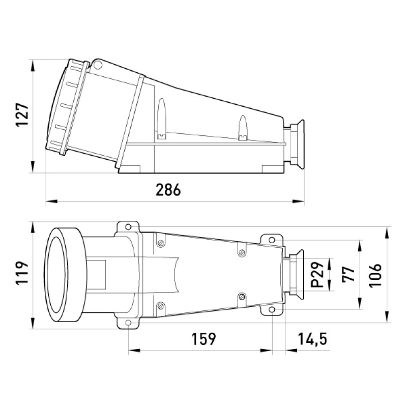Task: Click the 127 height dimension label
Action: coord(22,115)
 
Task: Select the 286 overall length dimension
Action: coord(168,189)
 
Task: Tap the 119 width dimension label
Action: coord(22,273)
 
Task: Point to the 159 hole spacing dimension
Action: coord(203,339)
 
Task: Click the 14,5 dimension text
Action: coord(312,339)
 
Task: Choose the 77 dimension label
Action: coord(348,274)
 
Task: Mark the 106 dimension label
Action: coord(375,275)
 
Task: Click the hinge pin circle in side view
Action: coord(98,65)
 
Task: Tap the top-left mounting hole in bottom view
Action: coord(128,227)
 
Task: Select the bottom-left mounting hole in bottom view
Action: coord(128,323)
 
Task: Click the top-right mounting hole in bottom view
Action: coord(272,240)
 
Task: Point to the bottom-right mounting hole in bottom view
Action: coord(272,310)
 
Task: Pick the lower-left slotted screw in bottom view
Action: coord(161,306)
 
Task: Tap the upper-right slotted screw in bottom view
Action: coord(242,252)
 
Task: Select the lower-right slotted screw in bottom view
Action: coord(242,297)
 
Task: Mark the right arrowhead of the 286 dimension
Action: coord(298,201)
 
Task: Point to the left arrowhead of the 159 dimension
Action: coord(134,351)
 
